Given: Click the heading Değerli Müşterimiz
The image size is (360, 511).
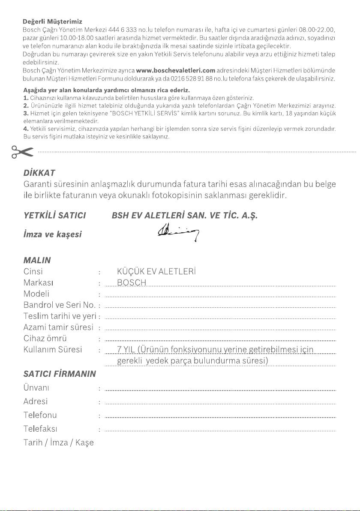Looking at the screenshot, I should coord(52,21).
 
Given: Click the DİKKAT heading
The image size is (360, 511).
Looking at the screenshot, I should coord(39,173).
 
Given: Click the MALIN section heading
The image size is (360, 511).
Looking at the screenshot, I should coord(37,260).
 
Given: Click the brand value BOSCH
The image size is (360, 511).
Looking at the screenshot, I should coord(132,283).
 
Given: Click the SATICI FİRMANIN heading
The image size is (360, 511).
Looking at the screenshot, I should coord(59,373).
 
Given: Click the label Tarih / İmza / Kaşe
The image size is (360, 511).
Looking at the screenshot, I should coord(58,442).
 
